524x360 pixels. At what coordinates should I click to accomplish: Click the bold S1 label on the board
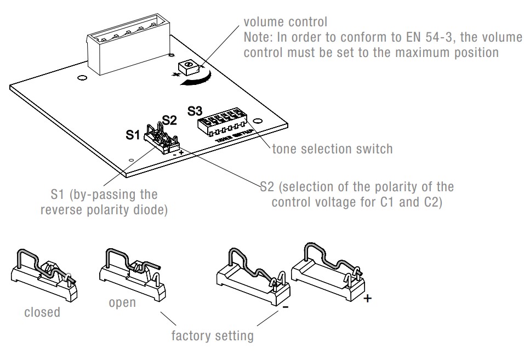tap(133, 135)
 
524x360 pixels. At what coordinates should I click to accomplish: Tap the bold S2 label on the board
tap(169, 121)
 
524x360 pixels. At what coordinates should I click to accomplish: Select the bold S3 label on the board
tap(195, 111)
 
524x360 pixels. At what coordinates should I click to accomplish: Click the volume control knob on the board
tap(189, 67)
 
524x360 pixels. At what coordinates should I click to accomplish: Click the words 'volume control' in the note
tap(285, 22)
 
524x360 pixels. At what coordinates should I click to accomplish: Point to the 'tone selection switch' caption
tap(332, 148)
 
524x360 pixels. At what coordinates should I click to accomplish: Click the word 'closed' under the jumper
tap(42, 312)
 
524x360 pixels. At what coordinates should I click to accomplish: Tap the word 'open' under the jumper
tap(122, 303)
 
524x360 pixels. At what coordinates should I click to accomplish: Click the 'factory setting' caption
tap(212, 335)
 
